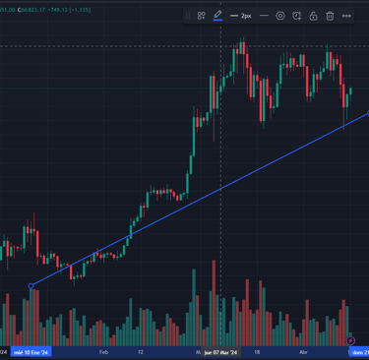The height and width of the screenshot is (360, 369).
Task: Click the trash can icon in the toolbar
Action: coord(330,16)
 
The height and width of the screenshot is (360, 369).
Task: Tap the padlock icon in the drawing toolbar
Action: coord(313,16)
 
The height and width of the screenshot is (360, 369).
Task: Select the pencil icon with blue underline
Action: coord(217,16)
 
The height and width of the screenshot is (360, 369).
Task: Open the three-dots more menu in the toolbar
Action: coord(346,16)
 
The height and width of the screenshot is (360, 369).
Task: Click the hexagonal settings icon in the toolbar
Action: coord(280,16)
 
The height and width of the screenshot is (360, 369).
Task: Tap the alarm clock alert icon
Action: coord(296,16)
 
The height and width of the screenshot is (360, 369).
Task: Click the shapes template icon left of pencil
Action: coord(201,16)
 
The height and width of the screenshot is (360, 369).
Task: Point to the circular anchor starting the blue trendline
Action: coord(31,286)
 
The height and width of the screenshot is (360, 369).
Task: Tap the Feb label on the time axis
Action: coord(104,350)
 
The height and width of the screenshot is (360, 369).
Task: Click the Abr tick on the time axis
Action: coord(304,350)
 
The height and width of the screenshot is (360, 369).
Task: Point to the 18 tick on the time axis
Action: coord(257,350)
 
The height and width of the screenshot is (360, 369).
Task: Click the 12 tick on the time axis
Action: coord(141,350)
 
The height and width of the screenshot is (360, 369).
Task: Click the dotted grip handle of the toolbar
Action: coord(187,16)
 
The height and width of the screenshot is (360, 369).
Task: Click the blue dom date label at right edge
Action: coord(360,350)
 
